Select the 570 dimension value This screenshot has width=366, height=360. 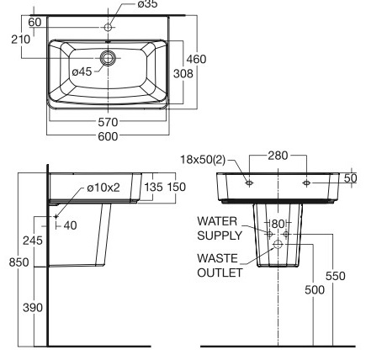click(x=108, y=122)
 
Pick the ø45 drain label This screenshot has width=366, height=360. click(x=82, y=71)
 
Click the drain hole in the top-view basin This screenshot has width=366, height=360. click(x=108, y=59)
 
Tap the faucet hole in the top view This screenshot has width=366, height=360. click(x=108, y=28)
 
